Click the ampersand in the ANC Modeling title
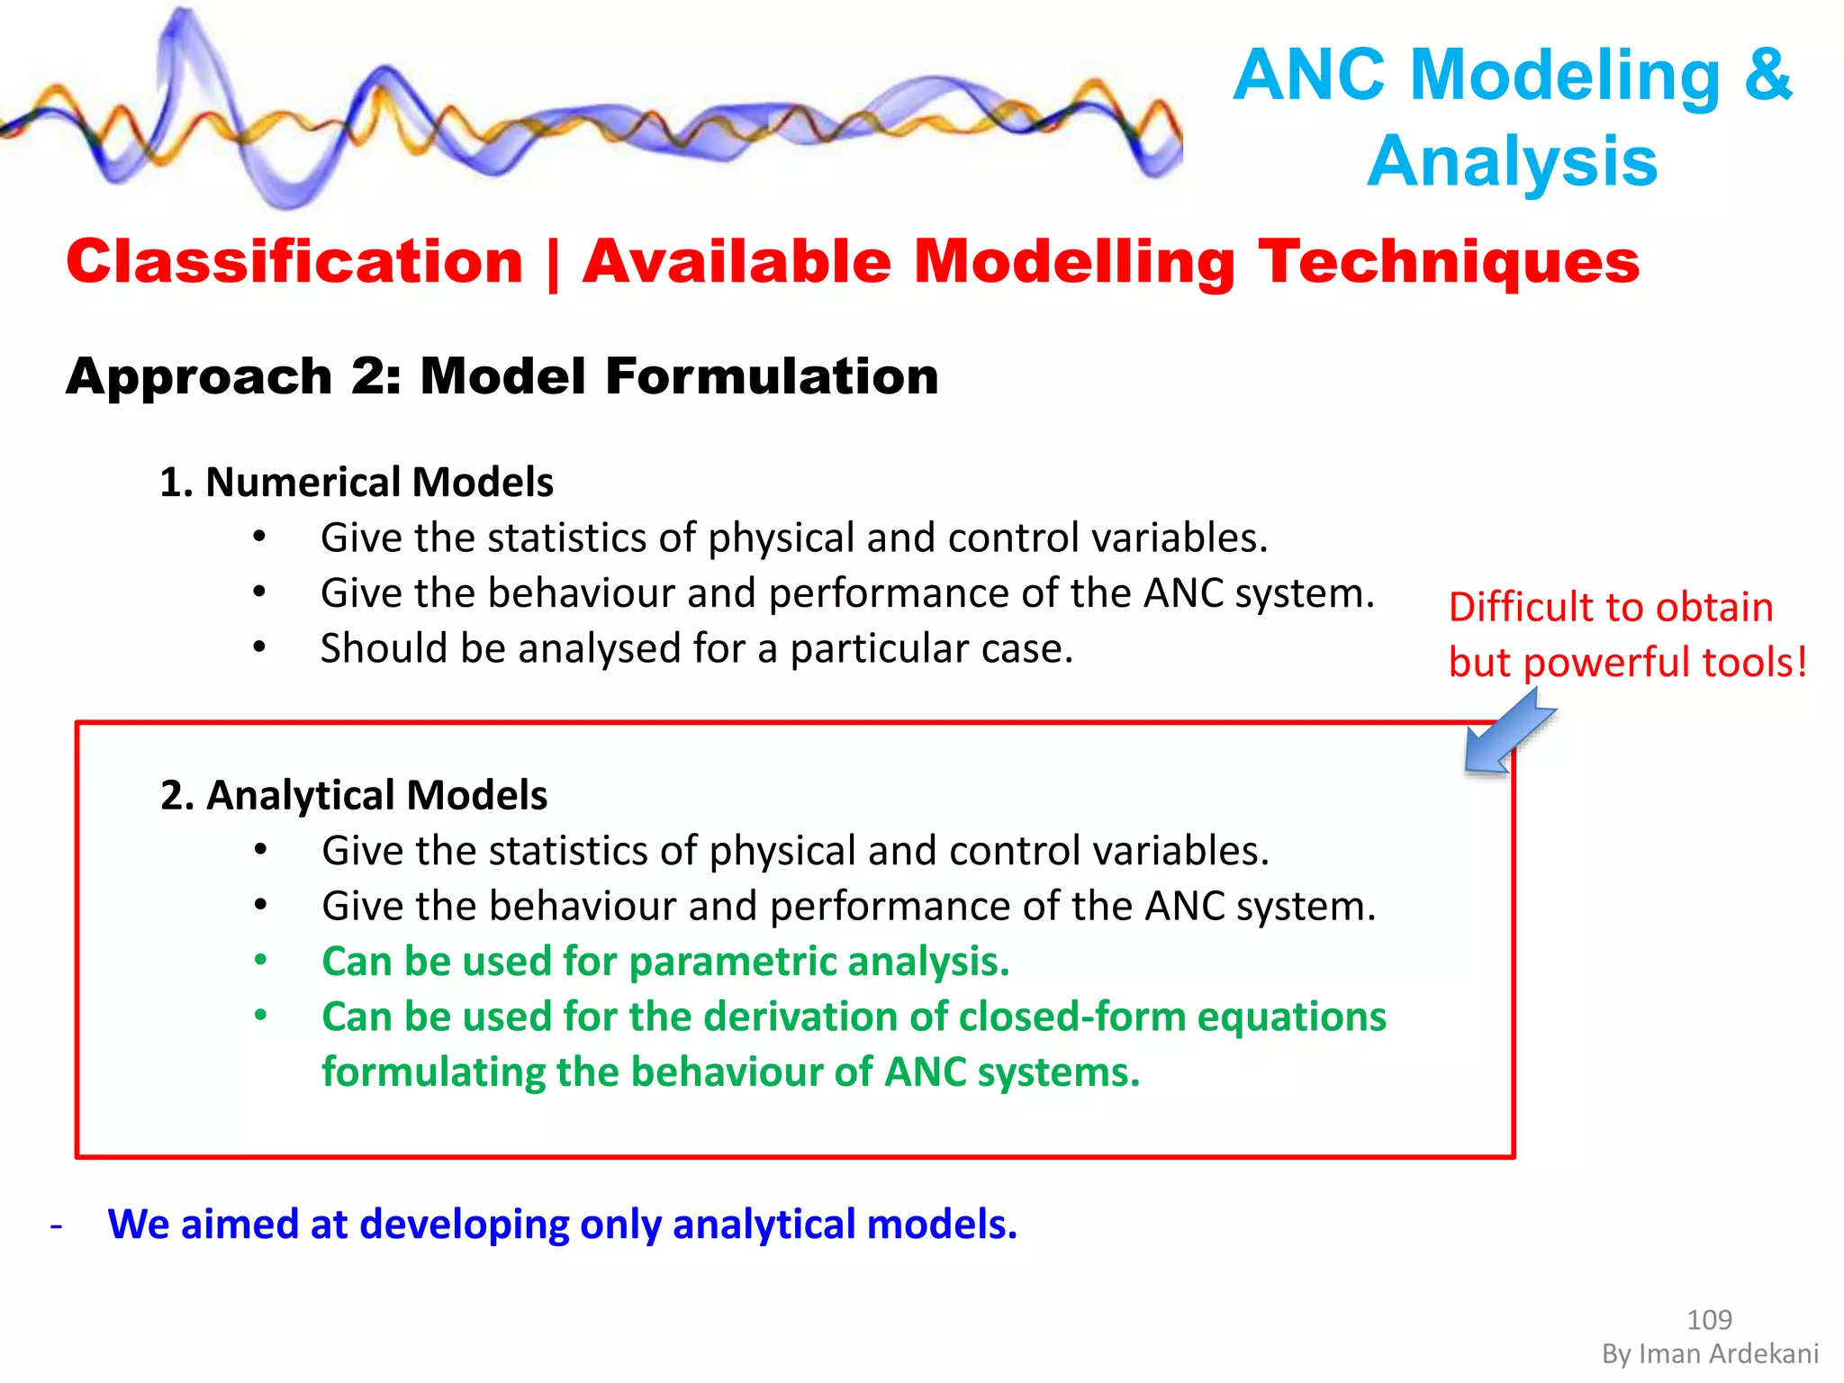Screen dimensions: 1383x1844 coord(1767,76)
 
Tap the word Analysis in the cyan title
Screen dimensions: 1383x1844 coord(1512,162)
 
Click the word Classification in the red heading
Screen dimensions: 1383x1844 coord(294,262)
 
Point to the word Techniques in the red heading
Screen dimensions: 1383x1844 coord(1449,262)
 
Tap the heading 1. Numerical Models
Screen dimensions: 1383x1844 coord(357,483)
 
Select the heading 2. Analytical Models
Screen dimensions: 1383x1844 coord(354,796)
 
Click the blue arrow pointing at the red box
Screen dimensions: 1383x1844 coord(1507,731)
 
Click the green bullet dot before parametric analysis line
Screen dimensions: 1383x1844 coord(260,960)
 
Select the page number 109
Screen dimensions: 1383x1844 coord(1708,1320)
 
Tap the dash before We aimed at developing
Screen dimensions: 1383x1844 coord(57,1226)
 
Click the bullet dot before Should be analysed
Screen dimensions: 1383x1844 coord(259,647)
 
